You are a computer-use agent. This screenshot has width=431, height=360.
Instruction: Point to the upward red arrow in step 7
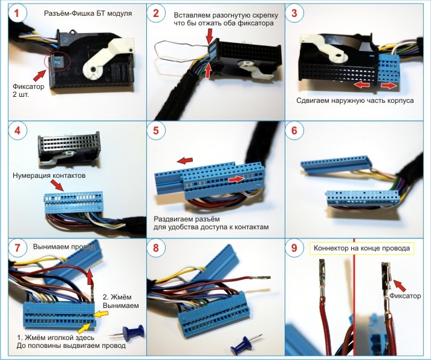90,279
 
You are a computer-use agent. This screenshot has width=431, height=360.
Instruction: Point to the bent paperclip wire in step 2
175,48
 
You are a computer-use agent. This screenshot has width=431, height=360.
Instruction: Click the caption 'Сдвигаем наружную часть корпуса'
355,100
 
